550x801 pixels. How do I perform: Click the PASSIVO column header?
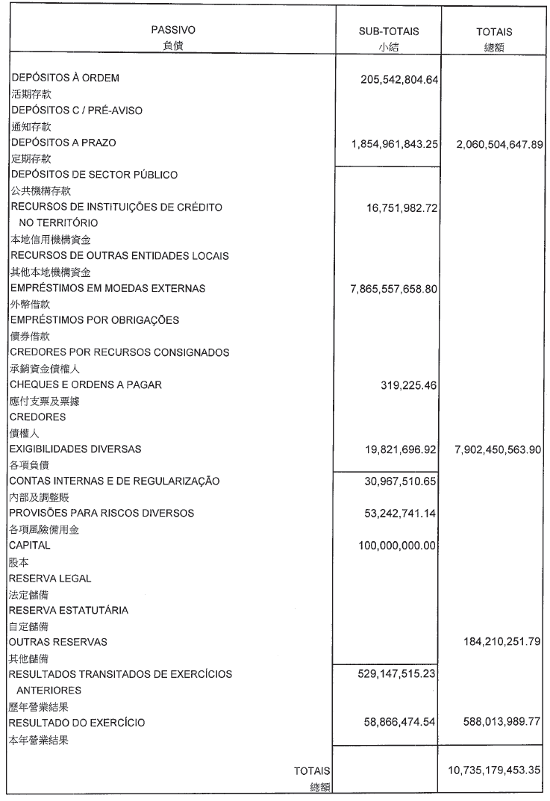[172, 31]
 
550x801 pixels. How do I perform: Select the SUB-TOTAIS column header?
[389, 31]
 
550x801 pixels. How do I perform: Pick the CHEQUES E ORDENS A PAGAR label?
[86, 384]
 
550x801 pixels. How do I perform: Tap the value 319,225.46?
[410, 385]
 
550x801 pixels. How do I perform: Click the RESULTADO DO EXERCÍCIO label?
[76, 723]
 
